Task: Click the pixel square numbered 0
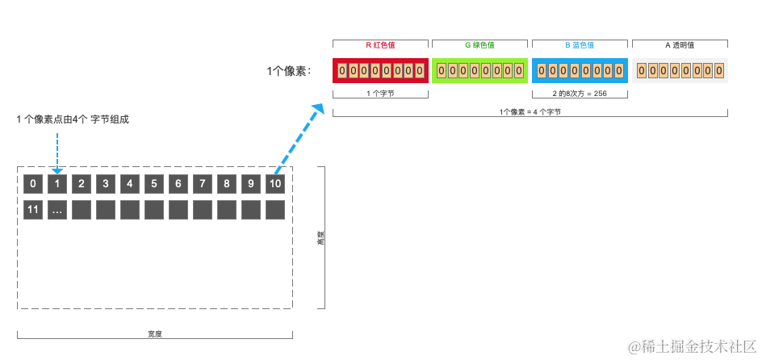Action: [33, 184]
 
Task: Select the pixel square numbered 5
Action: [154, 184]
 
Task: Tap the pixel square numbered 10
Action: [275, 184]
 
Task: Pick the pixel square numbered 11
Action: [33, 210]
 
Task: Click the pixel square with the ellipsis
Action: [57, 210]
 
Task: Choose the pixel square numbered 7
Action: [203, 184]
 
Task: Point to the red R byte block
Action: [380, 71]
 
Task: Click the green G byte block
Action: [479, 71]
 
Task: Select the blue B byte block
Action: [580, 71]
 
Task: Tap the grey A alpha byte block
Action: [680, 71]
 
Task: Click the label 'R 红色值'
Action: [381, 45]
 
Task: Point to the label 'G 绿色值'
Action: [479, 45]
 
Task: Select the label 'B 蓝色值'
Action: [580, 45]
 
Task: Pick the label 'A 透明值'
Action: [680, 45]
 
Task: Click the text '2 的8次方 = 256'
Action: [580, 94]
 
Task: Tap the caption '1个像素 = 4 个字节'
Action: [530, 112]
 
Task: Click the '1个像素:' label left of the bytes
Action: [288, 72]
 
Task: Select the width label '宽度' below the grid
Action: [155, 333]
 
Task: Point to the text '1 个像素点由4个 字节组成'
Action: [73, 119]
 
